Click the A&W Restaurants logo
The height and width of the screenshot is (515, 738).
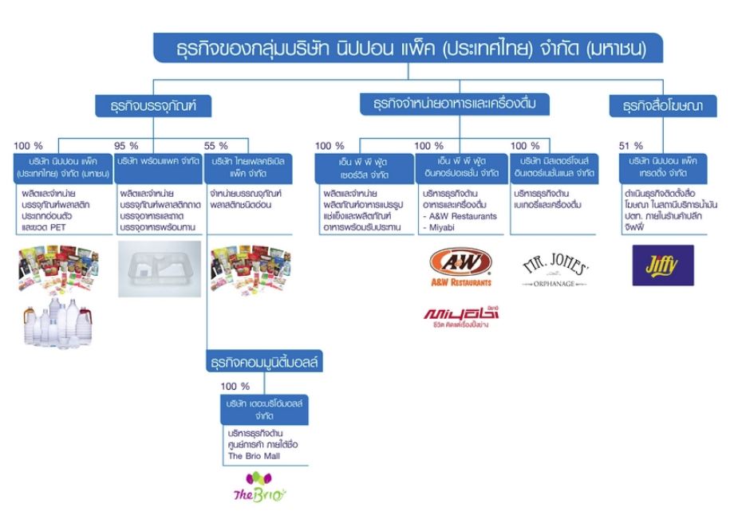click(460, 268)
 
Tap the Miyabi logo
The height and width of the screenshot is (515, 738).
click(460, 315)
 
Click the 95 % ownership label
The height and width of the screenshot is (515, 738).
click(127, 146)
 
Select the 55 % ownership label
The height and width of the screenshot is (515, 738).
click(215, 146)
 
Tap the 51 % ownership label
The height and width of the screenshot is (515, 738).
click(630, 146)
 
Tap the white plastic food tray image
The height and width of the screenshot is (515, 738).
click(157, 268)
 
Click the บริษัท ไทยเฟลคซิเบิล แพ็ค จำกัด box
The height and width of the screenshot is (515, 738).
click(248, 167)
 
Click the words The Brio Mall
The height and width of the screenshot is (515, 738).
click(250, 456)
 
